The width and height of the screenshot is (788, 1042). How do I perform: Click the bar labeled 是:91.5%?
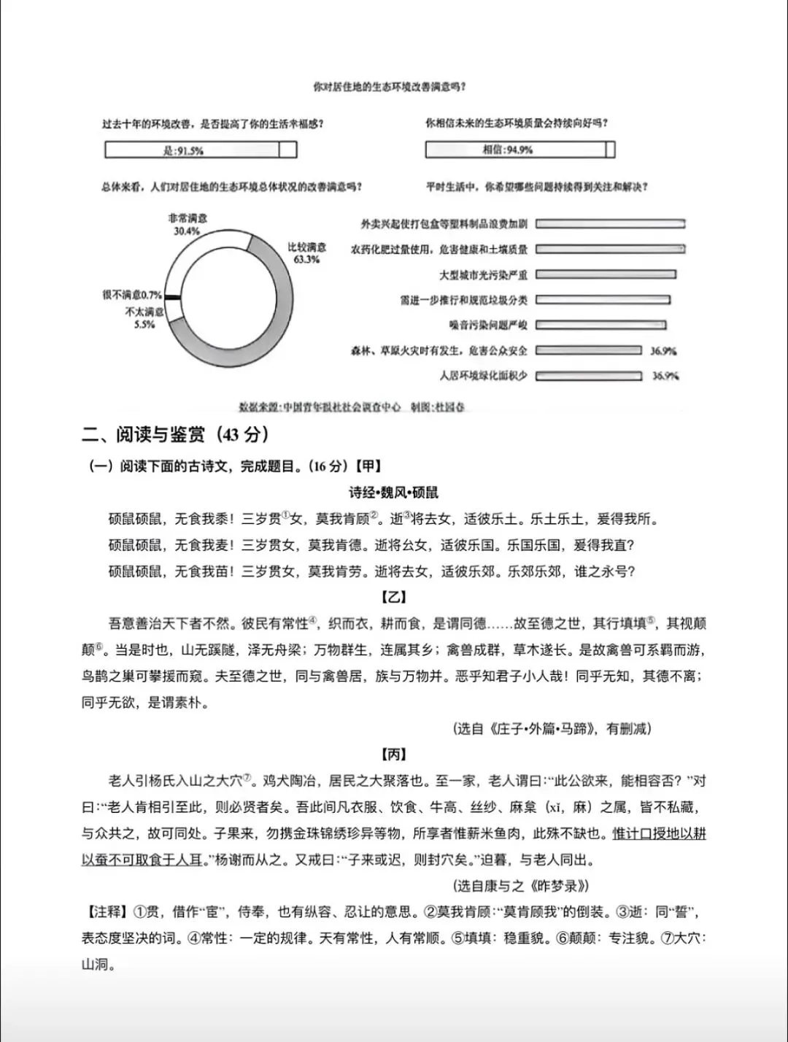[x=201, y=150]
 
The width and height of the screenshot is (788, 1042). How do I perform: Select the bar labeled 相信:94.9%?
[x=520, y=150]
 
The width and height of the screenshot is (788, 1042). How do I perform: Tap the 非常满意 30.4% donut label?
[x=187, y=225]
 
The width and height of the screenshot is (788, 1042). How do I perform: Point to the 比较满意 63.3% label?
[x=307, y=253]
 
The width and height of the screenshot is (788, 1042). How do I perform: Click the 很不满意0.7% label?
[x=132, y=295]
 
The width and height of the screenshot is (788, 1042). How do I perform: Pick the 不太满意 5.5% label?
[x=144, y=318]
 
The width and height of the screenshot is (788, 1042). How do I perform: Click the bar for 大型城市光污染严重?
[x=606, y=275]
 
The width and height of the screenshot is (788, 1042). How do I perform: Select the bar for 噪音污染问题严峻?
[x=600, y=325]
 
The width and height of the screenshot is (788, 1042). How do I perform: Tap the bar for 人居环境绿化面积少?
[x=589, y=376]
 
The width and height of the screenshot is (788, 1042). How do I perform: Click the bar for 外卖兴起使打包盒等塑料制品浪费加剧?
[x=610, y=224]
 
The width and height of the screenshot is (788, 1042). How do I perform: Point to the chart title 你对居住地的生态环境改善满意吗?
[x=390, y=87]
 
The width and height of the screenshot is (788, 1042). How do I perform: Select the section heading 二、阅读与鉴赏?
[x=175, y=435]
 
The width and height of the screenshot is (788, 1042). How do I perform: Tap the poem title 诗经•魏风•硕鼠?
[x=394, y=493]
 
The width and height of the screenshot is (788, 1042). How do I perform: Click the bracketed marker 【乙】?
[x=394, y=597]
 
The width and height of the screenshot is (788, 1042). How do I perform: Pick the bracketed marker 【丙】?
[x=394, y=755]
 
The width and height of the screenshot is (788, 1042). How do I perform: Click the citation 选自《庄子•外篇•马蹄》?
[x=552, y=728]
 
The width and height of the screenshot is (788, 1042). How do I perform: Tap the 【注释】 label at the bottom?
[x=107, y=912]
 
